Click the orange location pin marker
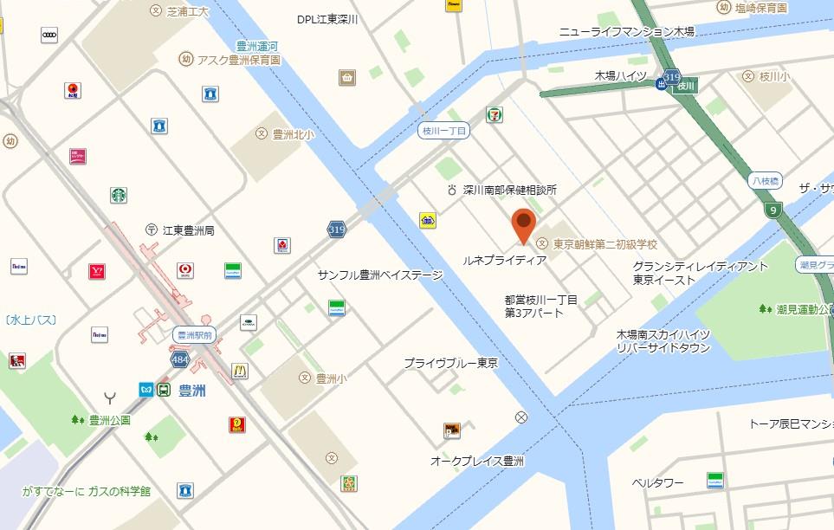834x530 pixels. pyautogui.click(x=523, y=224)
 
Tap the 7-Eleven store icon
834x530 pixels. pyautogui.click(x=495, y=115)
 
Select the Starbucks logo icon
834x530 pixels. pyautogui.click(x=119, y=196)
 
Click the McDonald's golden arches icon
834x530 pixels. pyautogui.click(x=240, y=371)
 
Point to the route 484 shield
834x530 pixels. pyautogui.click(x=179, y=357)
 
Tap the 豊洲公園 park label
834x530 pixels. pyautogui.click(x=109, y=420)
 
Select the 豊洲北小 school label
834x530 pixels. pyautogui.click(x=293, y=133)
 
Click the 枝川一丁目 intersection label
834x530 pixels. pyautogui.click(x=443, y=130)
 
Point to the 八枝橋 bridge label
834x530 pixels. pyautogui.click(x=764, y=181)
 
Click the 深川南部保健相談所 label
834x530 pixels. pyautogui.click(x=509, y=189)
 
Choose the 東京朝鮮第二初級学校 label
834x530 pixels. pyautogui.click(x=604, y=244)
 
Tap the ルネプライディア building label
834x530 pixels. pyautogui.click(x=504, y=259)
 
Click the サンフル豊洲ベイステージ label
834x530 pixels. pyautogui.click(x=379, y=275)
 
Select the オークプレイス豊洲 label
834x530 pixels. pyautogui.click(x=477, y=462)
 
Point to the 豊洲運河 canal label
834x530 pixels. pyautogui.click(x=256, y=45)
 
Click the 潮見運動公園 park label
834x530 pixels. pyautogui.click(x=802, y=309)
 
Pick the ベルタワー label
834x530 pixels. pyautogui.click(x=657, y=482)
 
